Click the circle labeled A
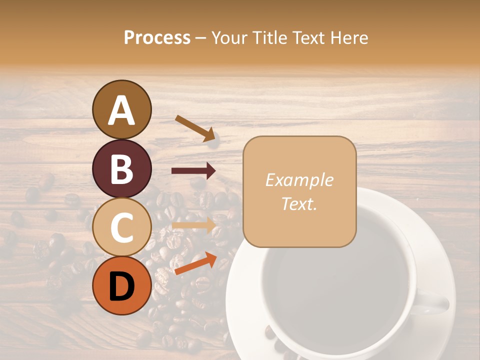[x=122, y=109]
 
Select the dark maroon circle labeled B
[x=122, y=168]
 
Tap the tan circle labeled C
[x=122, y=227]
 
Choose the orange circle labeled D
[x=122, y=285]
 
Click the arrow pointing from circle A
[x=195, y=128]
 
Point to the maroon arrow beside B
[x=193, y=171]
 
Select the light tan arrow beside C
[x=193, y=226]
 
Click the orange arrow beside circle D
[x=195, y=263]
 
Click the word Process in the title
[x=157, y=37]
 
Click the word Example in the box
[x=299, y=180]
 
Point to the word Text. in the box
[x=299, y=203]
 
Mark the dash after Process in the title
[x=201, y=38]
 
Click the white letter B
[x=122, y=169]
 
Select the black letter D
[x=122, y=286]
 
